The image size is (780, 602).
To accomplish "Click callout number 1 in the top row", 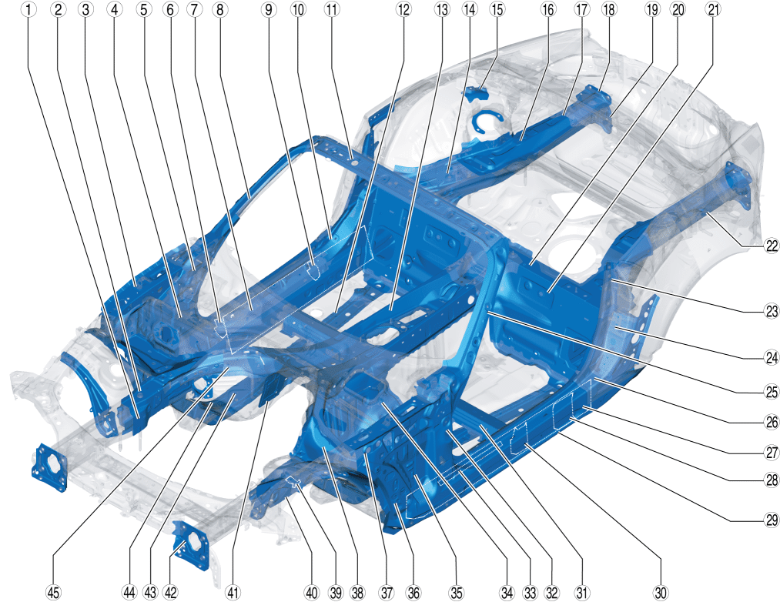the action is click(28, 9).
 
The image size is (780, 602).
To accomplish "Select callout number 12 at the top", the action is click(403, 9).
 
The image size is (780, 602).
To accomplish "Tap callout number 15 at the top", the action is click(497, 9).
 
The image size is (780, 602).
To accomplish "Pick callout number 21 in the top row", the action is click(714, 9).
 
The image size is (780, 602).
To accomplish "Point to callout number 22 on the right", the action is click(772, 246).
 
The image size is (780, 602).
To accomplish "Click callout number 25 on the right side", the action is click(772, 392).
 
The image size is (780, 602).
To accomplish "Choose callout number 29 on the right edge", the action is click(772, 520).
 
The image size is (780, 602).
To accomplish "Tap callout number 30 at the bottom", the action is click(661, 593).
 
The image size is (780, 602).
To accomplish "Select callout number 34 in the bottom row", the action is click(507, 593).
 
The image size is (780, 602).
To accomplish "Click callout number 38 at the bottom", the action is click(358, 593).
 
